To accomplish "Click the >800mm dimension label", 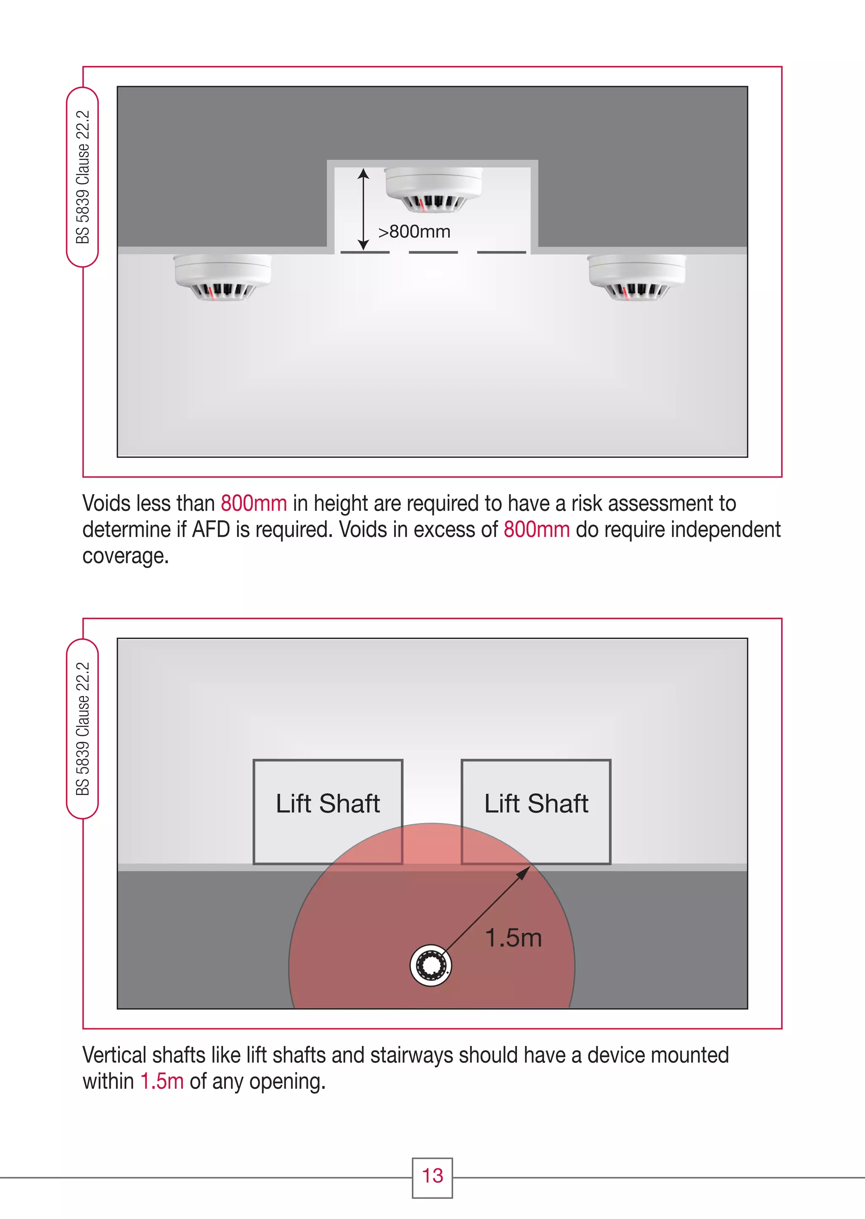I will coord(414,231).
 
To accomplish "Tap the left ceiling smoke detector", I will coord(223,277).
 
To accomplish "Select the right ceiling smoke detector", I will coord(637,277).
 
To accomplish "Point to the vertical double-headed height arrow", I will coord(363,209).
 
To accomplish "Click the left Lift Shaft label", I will coord(328,803).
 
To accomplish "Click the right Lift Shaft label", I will coord(536,803).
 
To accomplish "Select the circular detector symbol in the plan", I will coord(431,966).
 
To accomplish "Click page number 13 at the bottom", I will coord(432,1176).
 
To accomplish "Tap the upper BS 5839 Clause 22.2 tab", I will coord(82,177).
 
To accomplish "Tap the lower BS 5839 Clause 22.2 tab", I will coord(82,729).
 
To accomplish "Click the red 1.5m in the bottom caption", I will coord(162,1081).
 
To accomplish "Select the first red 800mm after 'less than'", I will coord(253,503).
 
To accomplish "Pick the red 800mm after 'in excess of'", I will coord(536,529).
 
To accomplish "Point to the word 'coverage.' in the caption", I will coord(126,556).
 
